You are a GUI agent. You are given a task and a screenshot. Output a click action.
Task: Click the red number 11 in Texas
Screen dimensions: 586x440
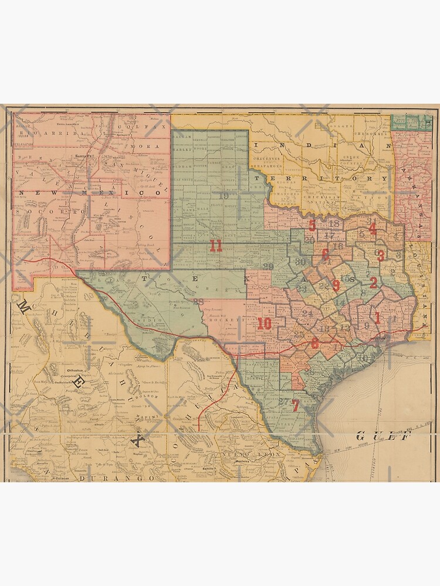pyautogui.click(x=216, y=246)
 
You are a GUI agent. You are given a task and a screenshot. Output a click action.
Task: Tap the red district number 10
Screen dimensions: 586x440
pyautogui.click(x=264, y=323)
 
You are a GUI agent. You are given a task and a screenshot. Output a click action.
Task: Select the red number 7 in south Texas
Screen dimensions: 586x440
pyautogui.click(x=296, y=405)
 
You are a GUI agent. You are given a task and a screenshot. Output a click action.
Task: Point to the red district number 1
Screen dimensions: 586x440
pyautogui.click(x=377, y=318)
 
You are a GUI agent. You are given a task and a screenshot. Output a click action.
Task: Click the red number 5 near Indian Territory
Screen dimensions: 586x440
pyautogui.click(x=312, y=226)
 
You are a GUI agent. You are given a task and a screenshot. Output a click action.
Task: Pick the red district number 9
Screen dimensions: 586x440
pyautogui.click(x=336, y=285)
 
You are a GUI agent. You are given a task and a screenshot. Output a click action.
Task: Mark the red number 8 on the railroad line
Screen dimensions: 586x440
pyautogui.click(x=315, y=343)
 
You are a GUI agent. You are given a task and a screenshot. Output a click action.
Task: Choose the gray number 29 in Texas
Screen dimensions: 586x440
pyautogui.click(x=269, y=267)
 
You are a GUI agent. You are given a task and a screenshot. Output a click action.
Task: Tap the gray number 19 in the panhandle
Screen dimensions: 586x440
pyautogui.click(x=225, y=196)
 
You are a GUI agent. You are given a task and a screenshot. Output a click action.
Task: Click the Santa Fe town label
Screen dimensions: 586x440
pyautogui.click(x=85, y=156)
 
